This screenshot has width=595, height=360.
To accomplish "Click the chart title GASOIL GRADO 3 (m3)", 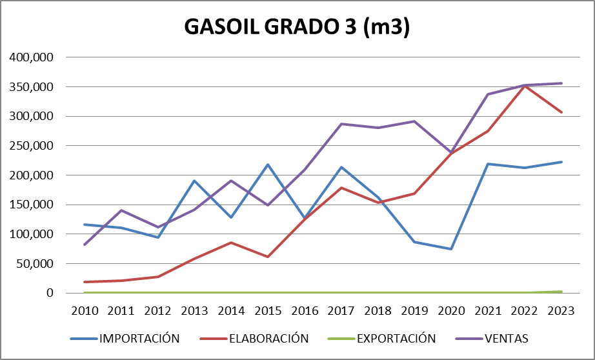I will point(297,28).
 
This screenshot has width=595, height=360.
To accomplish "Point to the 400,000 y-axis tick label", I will point(32,57).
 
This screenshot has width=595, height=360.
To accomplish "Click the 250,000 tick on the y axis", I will point(32,146).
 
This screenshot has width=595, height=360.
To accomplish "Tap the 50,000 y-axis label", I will point(34,264).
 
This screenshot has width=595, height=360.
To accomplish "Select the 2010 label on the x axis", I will point(85,310).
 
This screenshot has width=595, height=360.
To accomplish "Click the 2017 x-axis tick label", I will point(341,310).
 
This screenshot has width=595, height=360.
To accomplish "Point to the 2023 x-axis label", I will point(561,310).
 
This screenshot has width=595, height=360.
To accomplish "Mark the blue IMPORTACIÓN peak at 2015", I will point(268,165).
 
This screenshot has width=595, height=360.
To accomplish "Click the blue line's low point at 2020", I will point(451,249).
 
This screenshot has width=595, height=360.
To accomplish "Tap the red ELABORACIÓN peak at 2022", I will point(525,86).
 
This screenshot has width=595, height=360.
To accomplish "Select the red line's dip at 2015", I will point(268,257).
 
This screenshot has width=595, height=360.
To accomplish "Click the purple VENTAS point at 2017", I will point(341,124).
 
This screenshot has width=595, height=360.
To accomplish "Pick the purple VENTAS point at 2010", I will point(85,245).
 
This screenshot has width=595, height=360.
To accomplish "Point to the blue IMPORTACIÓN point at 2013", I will point(194,181).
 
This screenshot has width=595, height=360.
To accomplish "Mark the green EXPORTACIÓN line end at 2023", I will point(561,292).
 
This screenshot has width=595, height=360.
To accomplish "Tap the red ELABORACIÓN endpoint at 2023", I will point(561,112).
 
